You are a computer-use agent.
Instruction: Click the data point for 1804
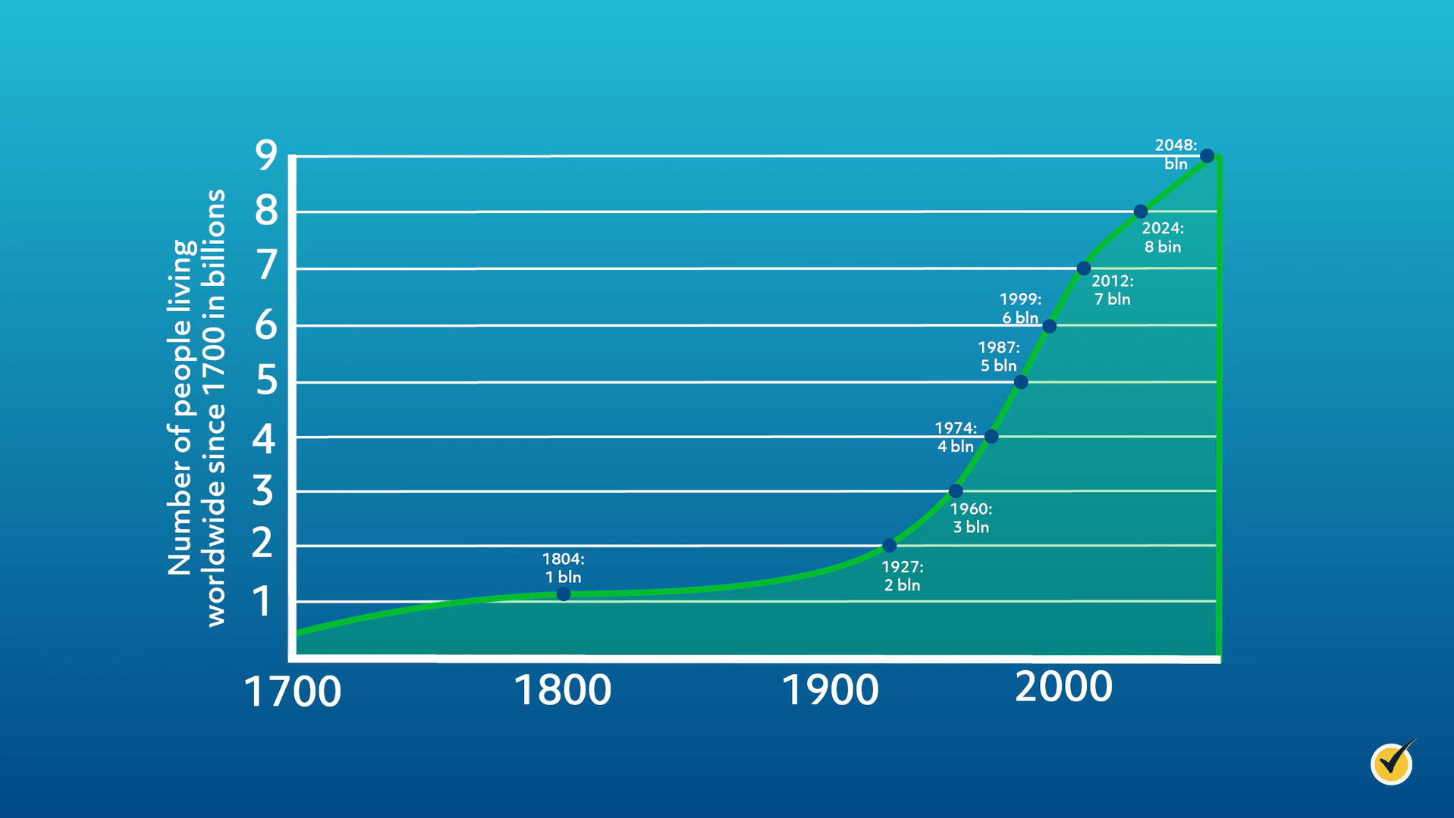pos(564,594)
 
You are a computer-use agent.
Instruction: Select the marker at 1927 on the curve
pos(890,546)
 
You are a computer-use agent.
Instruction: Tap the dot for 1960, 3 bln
pos(956,491)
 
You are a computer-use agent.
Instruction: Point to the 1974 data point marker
pos(991,437)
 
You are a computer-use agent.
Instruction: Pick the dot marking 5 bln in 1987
pos(1021,382)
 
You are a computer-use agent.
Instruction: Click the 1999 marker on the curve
pos(1049,327)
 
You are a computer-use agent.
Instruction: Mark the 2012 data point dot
pos(1084,268)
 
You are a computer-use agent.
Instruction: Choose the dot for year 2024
pos(1141,212)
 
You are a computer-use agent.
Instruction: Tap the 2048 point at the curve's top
pos(1207,156)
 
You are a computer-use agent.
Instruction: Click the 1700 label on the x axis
pos(292,692)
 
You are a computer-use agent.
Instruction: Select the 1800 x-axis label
pos(562,691)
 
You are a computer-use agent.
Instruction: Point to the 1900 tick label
pos(830,691)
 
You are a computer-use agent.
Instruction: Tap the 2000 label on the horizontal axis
pos(1063,687)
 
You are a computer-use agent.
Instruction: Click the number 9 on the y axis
pos(266,156)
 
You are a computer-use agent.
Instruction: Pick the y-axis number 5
pos(266,381)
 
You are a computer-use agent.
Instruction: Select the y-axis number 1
pos(262,602)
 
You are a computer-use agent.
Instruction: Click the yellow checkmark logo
pos(1393,763)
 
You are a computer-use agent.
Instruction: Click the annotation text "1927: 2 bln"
pos(902,576)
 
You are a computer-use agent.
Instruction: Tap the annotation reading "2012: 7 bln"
pos(1112,290)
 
